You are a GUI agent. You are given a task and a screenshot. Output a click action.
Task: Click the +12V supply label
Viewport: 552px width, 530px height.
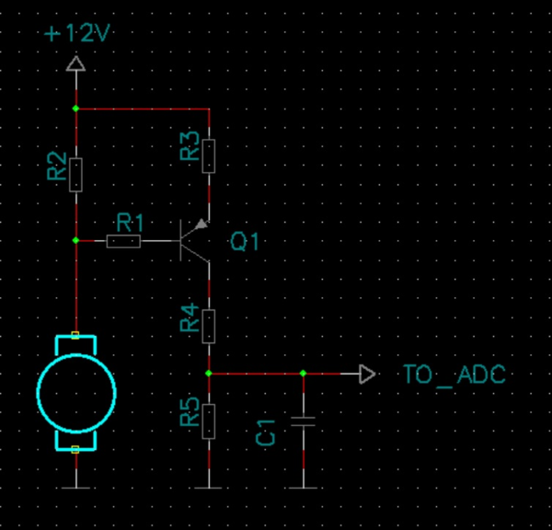pos(77,33)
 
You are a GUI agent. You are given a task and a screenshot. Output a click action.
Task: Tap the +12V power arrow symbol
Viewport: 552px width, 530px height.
pos(75,63)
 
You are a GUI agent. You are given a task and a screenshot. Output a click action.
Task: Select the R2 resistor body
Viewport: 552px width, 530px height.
pos(75,175)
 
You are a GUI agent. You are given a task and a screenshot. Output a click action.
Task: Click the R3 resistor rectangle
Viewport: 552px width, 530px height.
pos(209,156)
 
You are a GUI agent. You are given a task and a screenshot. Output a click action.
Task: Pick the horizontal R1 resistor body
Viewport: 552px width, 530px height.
pos(123,241)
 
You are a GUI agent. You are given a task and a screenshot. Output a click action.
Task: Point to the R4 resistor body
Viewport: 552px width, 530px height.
pos(209,327)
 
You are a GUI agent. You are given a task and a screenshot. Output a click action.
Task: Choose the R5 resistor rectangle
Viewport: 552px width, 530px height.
pos(209,421)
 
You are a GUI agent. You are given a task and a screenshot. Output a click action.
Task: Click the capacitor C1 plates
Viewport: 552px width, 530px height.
pos(303,421)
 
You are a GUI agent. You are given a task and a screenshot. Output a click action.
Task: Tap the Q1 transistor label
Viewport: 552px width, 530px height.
pos(245,242)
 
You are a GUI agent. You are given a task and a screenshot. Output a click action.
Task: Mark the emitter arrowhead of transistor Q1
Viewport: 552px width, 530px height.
pos(201,224)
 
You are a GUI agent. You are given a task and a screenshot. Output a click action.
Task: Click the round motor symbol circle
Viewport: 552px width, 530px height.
pos(76,393)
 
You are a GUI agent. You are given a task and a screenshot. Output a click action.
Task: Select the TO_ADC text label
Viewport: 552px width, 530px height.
pos(454,374)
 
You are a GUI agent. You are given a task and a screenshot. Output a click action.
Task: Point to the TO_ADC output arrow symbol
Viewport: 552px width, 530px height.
pos(367,374)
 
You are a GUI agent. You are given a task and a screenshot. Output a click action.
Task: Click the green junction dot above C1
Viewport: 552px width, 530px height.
pos(303,373)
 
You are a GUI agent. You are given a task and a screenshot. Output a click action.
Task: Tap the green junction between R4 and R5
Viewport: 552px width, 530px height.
pos(209,373)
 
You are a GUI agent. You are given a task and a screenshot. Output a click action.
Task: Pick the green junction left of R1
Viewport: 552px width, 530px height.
pos(75,240)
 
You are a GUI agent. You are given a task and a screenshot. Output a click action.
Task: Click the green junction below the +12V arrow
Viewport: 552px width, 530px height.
pos(75,109)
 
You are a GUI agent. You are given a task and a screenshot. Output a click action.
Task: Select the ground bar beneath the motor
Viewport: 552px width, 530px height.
pos(75,488)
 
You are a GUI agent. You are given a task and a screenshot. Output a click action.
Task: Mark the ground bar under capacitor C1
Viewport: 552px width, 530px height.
pos(303,488)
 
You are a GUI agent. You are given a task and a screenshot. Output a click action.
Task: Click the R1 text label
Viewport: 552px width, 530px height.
pos(131,223)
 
